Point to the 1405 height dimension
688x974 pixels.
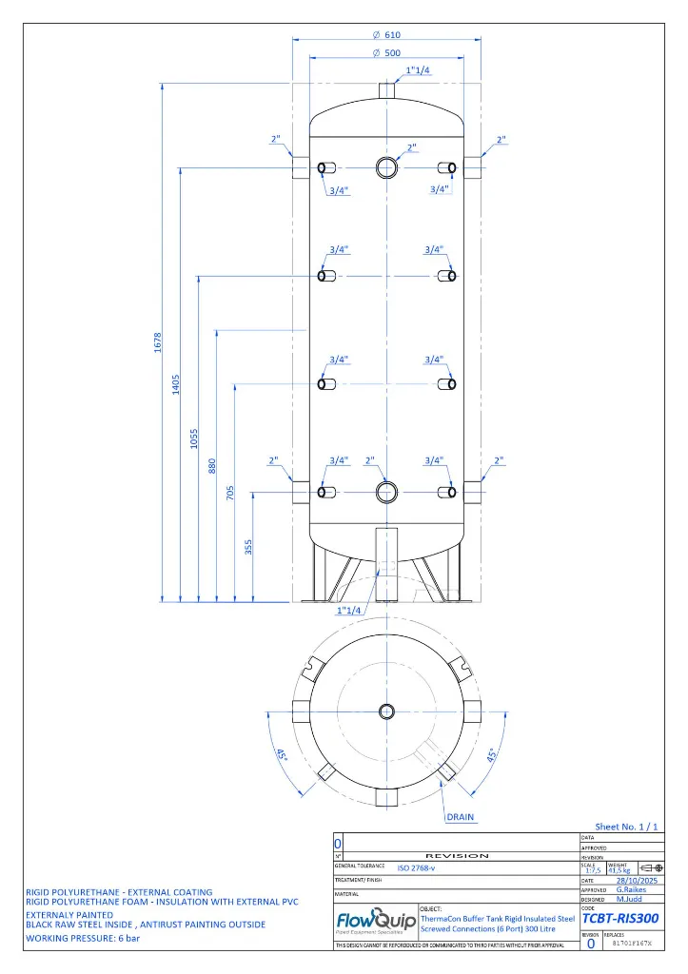pyautogui.click(x=177, y=385)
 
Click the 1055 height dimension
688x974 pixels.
pyautogui.click(x=195, y=438)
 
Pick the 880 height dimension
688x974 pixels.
pyautogui.click(x=213, y=466)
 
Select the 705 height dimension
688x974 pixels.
pyautogui.click(x=231, y=495)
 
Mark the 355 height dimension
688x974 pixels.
pyautogui.click(x=249, y=548)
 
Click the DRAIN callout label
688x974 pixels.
pyautogui.click(x=461, y=817)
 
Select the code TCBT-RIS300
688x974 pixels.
pyautogui.click(x=619, y=920)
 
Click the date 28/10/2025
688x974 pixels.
pyautogui.click(x=638, y=881)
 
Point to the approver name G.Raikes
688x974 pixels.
pyautogui.click(x=631, y=890)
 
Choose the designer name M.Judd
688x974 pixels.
pyautogui.click(x=629, y=899)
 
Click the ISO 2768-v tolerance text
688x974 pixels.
pyautogui.click(x=417, y=867)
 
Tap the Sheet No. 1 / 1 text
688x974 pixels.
pyautogui.click(x=626, y=828)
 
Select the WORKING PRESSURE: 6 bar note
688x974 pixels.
pyautogui.click(x=83, y=938)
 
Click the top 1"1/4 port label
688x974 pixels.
pyautogui.click(x=419, y=71)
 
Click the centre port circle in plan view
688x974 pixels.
pyautogui.click(x=386, y=711)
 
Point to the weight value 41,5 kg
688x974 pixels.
pyautogui.click(x=619, y=869)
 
